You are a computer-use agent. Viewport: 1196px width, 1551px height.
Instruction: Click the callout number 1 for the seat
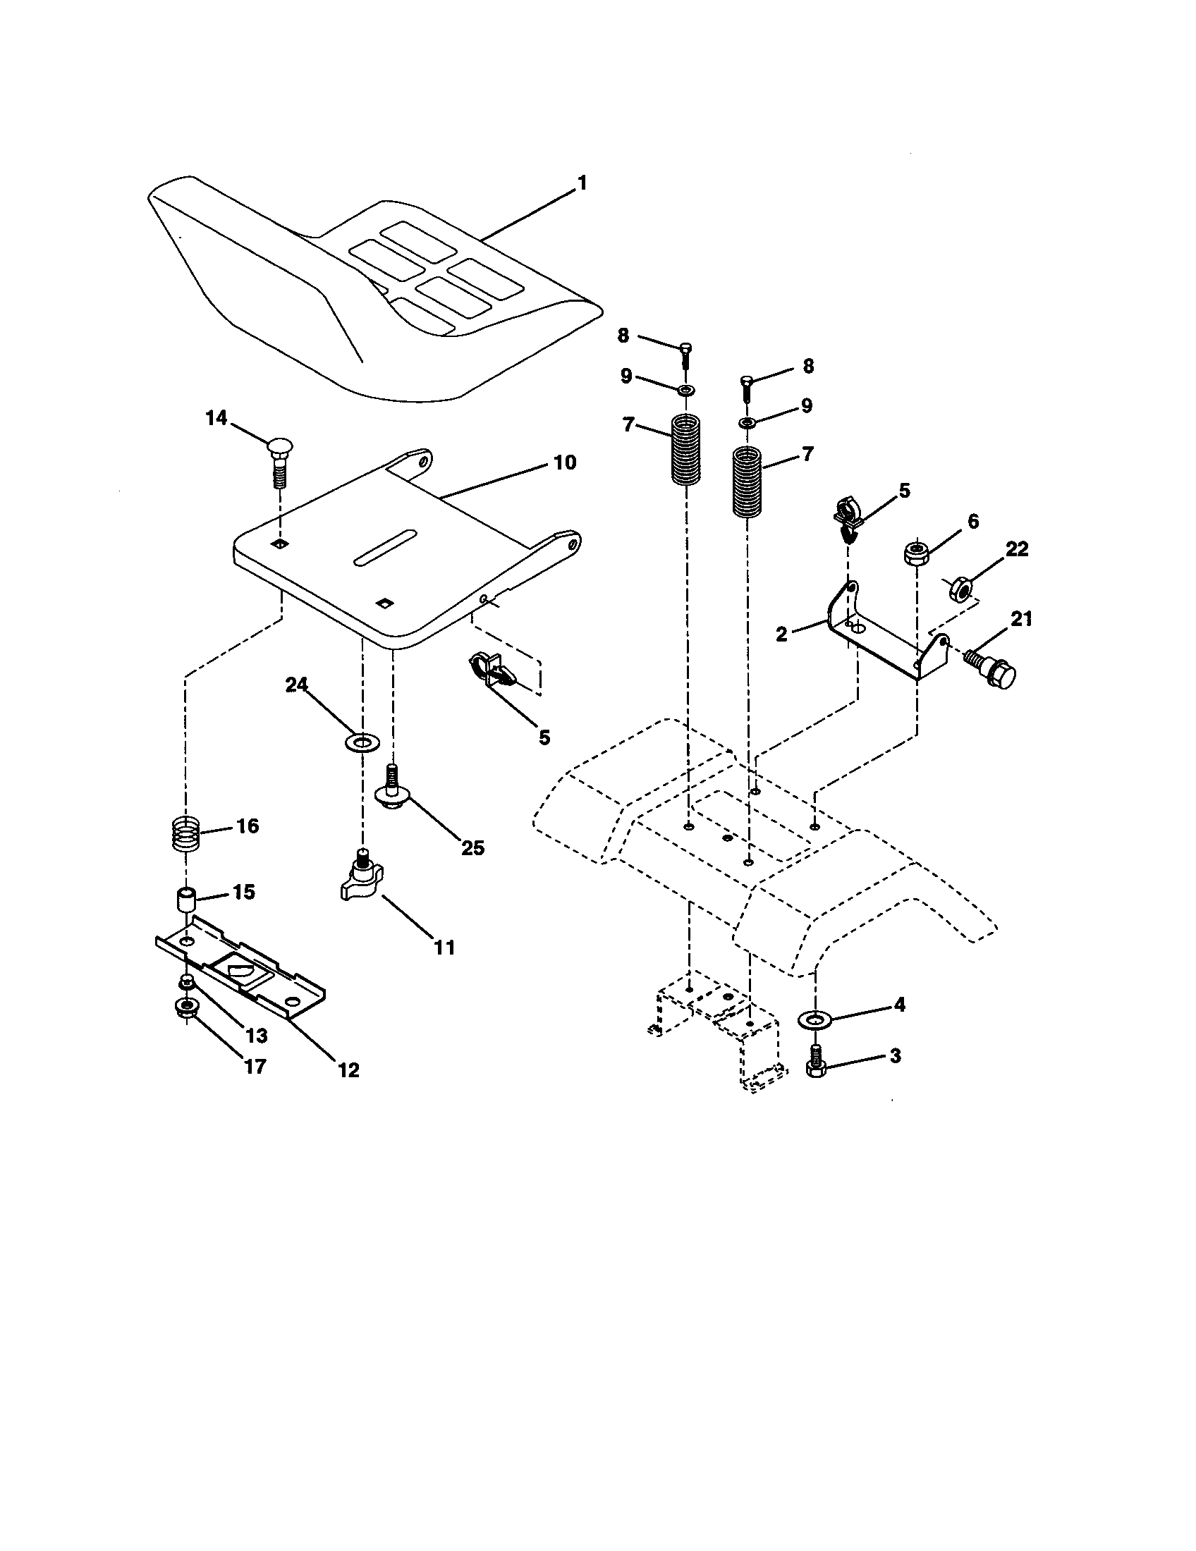[582, 183]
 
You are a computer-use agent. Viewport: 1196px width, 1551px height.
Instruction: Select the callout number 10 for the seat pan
[565, 463]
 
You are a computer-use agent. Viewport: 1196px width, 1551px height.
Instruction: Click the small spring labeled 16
[187, 836]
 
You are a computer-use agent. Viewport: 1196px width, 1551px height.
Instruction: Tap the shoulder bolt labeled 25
[391, 791]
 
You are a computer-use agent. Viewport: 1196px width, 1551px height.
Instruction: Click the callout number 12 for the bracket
[348, 1070]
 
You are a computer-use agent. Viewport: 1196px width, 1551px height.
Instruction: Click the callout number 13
[256, 1036]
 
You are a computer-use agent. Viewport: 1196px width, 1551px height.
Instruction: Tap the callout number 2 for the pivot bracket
[782, 634]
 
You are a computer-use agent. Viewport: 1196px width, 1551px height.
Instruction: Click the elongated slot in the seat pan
[384, 548]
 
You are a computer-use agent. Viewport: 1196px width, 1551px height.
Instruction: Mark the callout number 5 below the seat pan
[544, 737]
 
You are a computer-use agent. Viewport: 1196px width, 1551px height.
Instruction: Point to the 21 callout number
[1021, 618]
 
